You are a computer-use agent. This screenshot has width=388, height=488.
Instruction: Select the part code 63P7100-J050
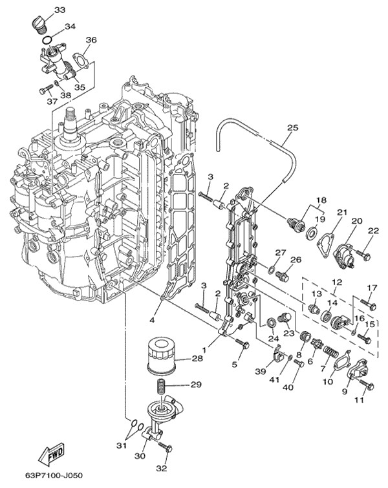click(x=55, y=475)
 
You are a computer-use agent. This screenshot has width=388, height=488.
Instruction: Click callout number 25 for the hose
click(x=292, y=128)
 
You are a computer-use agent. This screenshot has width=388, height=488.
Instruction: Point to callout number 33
click(x=59, y=10)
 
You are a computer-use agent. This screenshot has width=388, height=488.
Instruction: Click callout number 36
click(x=91, y=40)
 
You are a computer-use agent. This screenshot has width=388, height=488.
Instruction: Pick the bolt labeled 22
click(x=363, y=256)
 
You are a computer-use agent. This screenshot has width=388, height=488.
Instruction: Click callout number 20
click(x=356, y=221)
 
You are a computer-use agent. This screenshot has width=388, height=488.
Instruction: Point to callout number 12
click(x=336, y=282)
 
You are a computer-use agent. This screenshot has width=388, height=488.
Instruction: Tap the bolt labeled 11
click(x=367, y=387)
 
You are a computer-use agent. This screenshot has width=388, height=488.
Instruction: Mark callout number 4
click(x=153, y=319)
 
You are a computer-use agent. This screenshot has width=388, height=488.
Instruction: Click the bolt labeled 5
click(x=242, y=344)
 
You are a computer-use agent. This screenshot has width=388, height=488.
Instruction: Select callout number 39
click(x=259, y=371)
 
